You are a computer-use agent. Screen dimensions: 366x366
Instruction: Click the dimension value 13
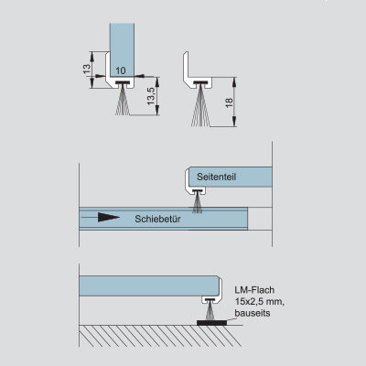pyautogui.click(x=87, y=70)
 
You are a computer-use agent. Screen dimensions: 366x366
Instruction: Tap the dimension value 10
pyautogui.click(x=121, y=70)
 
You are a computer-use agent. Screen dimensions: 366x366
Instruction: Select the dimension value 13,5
pyautogui.click(x=151, y=96)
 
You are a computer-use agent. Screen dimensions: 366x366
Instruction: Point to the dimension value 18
pyautogui.click(x=230, y=102)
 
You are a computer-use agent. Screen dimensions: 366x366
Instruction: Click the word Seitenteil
pyautogui.click(x=216, y=177)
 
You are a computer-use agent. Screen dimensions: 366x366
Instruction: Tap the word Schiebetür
pyautogui.click(x=157, y=219)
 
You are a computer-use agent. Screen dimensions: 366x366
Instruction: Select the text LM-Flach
pyautogui.click(x=254, y=290)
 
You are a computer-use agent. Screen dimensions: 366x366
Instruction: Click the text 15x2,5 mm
pyautogui.click(x=260, y=301)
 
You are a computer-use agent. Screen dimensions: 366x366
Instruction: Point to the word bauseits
pyautogui.click(x=253, y=313)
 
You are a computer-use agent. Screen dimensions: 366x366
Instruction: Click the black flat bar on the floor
pyautogui.click(x=211, y=322)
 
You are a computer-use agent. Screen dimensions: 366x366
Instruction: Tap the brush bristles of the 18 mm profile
pyautogui.click(x=200, y=107)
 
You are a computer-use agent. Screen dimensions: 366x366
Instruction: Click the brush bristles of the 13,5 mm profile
pyautogui.click(x=123, y=101)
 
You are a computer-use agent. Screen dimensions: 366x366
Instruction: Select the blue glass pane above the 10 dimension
pyautogui.click(x=122, y=49)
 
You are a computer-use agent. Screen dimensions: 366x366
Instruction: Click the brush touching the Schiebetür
pyautogui.click(x=197, y=203)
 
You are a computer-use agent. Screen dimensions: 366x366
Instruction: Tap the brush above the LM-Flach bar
pyautogui.click(x=210, y=311)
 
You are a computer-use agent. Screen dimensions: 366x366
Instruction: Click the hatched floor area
pyautogui.click(x=161, y=336)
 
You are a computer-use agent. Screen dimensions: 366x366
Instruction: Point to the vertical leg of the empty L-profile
pyautogui.click(x=186, y=66)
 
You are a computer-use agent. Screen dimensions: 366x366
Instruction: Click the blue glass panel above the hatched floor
pyautogui.click(x=148, y=285)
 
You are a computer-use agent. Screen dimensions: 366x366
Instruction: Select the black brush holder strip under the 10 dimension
pyautogui.click(x=123, y=82)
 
